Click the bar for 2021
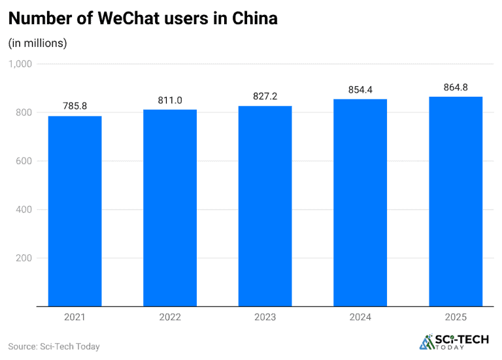75,211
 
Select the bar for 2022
170,208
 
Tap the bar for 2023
265,206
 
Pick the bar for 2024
360,203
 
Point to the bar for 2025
456,201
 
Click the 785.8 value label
75,105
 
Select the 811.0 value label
170,99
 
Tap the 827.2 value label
265,95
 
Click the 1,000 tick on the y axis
20,64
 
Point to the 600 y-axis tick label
24,161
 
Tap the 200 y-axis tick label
24,257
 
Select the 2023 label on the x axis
265,317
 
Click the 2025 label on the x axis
456,317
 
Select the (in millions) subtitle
37,43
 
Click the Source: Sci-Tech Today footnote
54,346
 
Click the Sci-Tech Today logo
452,342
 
